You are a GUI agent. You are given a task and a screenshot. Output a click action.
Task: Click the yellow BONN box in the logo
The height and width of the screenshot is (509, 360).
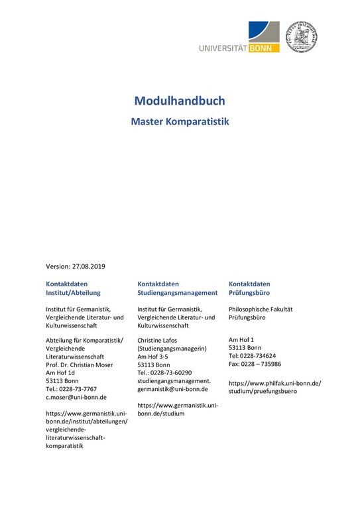[265, 48]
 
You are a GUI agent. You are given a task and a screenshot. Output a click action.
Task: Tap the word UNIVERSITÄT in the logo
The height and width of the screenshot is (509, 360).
[223, 48]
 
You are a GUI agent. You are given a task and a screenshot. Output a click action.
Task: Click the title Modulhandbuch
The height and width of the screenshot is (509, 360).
[180, 101]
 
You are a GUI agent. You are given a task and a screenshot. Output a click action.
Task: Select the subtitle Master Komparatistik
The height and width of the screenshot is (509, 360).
[180, 122]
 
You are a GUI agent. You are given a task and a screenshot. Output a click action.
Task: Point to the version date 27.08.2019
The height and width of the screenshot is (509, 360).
[88, 266]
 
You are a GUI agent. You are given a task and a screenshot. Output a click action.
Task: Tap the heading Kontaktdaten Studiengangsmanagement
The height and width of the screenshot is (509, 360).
[177, 288]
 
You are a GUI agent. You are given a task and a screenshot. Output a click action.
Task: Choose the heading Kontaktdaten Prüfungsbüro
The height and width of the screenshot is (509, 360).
[249, 288]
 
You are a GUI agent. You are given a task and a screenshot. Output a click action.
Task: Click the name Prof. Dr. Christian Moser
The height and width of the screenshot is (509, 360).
[79, 365]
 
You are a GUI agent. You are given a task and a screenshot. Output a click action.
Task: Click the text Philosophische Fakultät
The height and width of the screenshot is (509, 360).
[260, 310]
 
